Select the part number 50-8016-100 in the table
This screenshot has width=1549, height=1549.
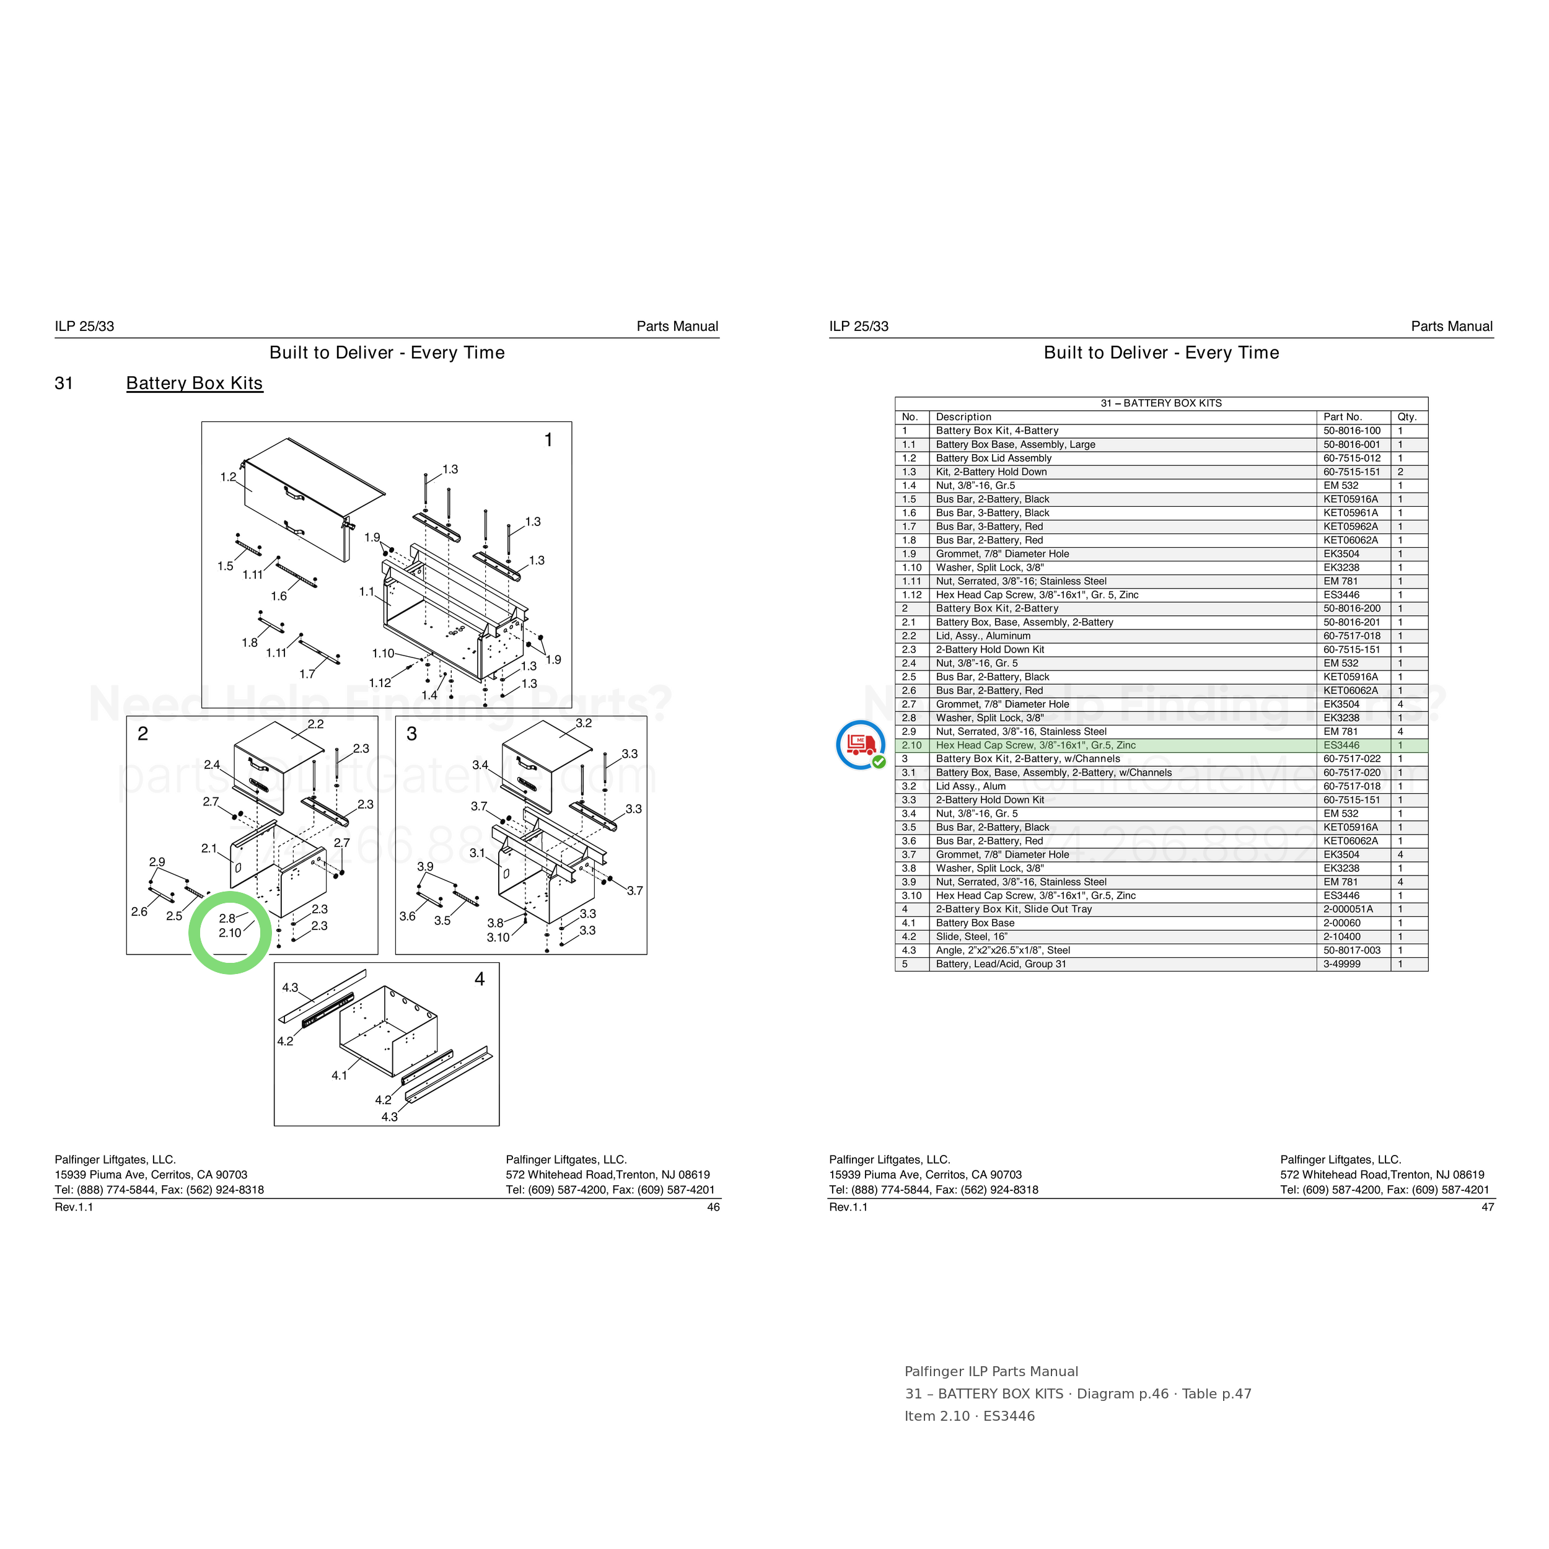tap(1352, 431)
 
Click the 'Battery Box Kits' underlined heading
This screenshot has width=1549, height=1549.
tap(194, 384)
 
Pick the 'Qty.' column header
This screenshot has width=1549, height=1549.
tap(1407, 417)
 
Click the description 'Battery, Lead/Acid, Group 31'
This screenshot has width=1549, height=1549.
tap(1001, 963)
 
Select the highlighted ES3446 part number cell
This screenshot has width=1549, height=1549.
tap(1341, 745)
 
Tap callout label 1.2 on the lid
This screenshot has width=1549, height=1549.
tap(229, 477)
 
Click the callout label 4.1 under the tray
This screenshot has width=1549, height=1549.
tap(339, 1075)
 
